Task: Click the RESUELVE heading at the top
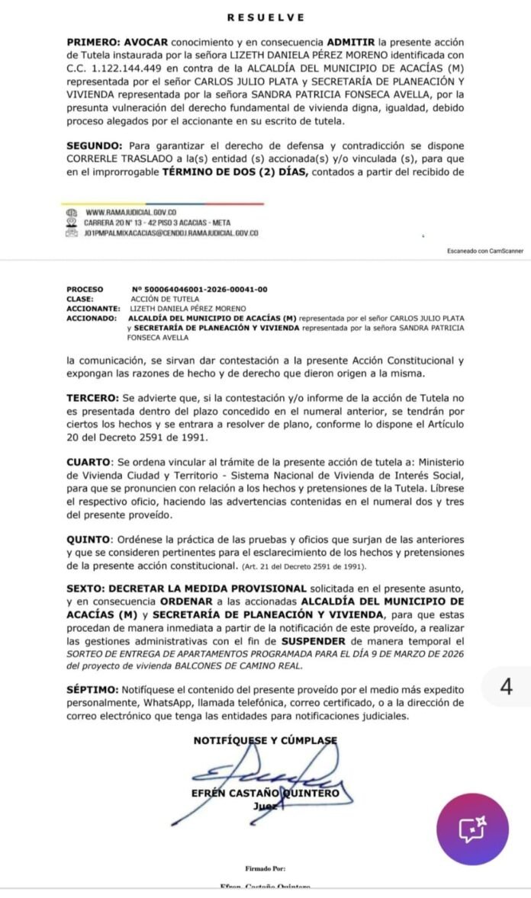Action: point(265,18)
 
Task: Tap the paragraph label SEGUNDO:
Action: point(95,146)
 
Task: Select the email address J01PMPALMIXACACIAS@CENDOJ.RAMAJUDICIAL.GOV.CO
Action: point(172,232)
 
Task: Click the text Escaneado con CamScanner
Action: point(485,251)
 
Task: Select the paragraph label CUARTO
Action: point(89,462)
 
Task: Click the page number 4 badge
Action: point(506,686)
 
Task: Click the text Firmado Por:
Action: point(265,868)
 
